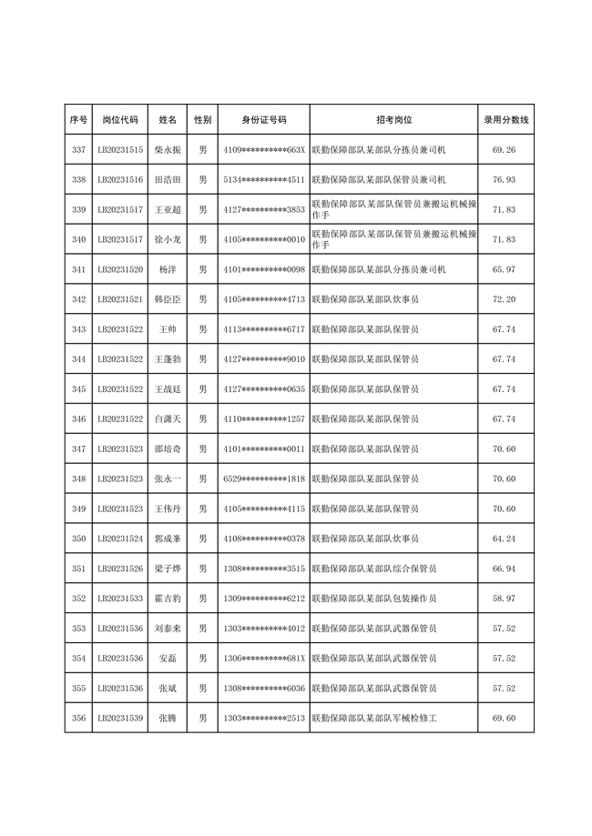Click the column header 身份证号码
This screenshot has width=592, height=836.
click(263, 120)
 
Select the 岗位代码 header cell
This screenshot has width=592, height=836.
click(120, 120)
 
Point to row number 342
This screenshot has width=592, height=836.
click(78, 299)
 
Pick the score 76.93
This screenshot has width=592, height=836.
click(504, 180)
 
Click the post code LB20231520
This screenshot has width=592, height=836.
click(120, 270)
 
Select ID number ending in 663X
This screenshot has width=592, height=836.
click(263, 150)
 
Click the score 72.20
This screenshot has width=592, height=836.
click(504, 299)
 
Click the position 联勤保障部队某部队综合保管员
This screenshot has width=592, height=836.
click(374, 569)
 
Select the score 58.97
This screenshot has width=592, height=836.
click(504, 599)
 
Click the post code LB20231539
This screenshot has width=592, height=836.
click(120, 719)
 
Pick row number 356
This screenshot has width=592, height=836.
click(78, 719)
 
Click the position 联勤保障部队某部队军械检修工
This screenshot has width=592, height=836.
click(374, 719)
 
